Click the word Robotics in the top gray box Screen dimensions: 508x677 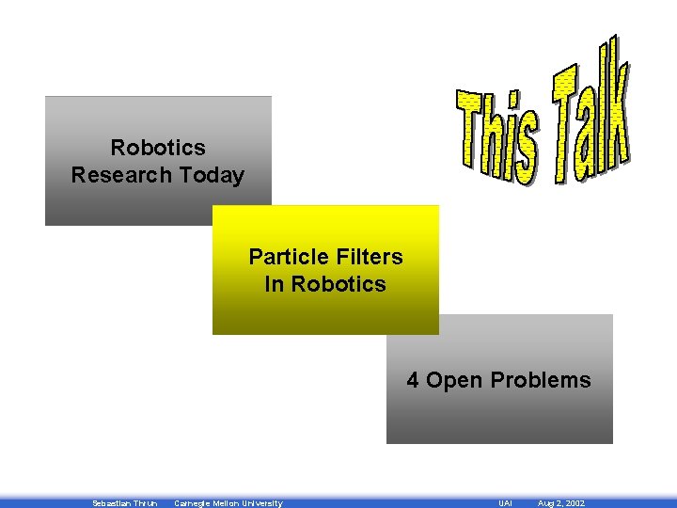click(x=158, y=148)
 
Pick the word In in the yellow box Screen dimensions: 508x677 click(x=275, y=284)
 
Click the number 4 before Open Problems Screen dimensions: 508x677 click(x=413, y=380)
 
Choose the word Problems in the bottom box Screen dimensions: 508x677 click(x=541, y=380)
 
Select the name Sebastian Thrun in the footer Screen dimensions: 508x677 click(x=125, y=503)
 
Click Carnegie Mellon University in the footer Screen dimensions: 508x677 click(x=228, y=503)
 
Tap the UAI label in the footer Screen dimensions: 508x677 click(x=505, y=503)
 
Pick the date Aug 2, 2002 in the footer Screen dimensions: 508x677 click(x=561, y=503)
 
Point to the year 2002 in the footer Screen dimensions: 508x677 click(x=574, y=503)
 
